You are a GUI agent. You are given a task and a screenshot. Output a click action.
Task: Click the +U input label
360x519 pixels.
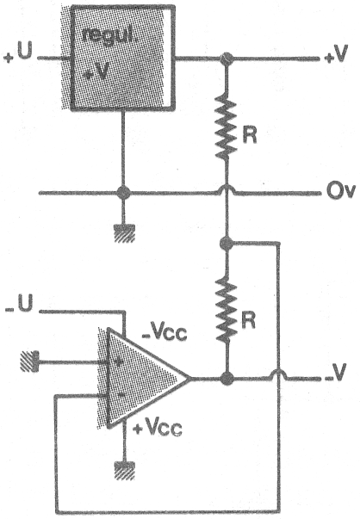[18, 53]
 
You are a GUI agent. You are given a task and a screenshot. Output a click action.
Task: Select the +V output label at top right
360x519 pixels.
[336, 53]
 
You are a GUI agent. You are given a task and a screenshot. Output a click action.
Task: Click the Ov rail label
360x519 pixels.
[341, 191]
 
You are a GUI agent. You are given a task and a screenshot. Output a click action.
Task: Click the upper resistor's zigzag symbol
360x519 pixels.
[227, 127]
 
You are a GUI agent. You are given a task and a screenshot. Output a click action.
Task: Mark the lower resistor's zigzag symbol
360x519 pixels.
[227, 310]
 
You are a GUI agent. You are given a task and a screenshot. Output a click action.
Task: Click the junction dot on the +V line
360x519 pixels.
[227, 59]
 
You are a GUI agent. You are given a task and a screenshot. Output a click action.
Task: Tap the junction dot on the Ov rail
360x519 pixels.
[123, 192]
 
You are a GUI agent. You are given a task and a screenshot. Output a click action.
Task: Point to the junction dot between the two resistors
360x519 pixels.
[227, 244]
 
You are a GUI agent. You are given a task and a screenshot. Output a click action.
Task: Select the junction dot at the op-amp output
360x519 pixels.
[227, 379]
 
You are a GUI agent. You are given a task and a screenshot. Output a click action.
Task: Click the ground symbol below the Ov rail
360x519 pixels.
[124, 233]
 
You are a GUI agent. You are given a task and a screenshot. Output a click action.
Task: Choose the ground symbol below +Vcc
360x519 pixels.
[124, 471]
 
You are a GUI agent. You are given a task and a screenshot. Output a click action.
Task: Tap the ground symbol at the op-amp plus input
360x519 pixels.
[29, 361]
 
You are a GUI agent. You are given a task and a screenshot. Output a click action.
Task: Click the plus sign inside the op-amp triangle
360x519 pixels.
[119, 361]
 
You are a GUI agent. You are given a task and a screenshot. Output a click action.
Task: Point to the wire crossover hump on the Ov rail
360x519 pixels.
[227, 189]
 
